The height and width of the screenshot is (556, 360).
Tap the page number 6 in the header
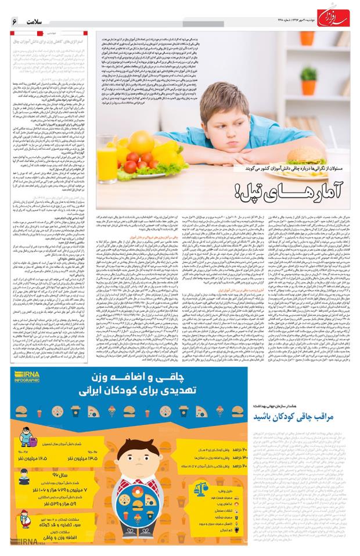coord(15,21)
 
